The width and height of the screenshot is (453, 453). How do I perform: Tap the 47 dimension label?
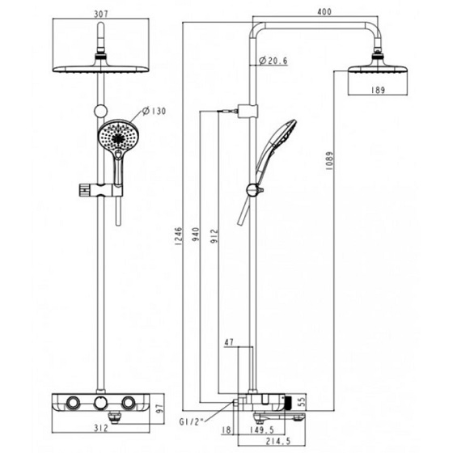[x=230, y=344]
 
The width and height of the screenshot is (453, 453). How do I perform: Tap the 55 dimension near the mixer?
[x=303, y=401]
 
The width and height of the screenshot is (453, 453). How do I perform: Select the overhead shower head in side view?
[x=376, y=74]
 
